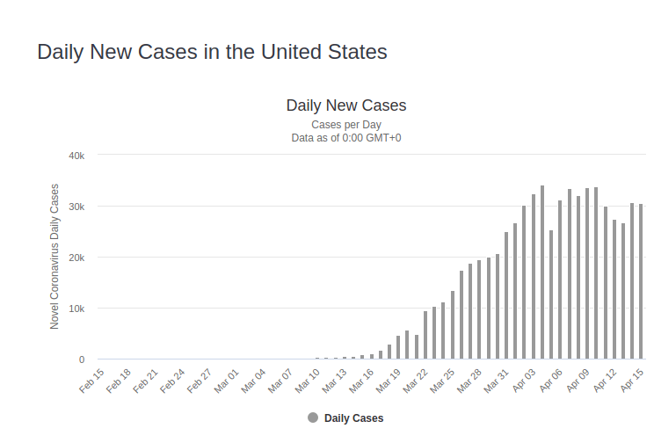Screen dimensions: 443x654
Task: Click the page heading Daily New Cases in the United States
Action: point(212,52)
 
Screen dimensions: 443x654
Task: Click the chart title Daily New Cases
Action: point(346,105)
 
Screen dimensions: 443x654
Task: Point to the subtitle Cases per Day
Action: point(346,125)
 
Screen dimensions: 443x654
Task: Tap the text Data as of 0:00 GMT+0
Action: point(346,138)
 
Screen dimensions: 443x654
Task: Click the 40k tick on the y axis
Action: point(76,156)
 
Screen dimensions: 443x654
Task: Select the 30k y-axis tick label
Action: point(76,207)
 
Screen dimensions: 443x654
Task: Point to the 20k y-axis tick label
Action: point(76,258)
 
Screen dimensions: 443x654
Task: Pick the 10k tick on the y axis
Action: point(76,309)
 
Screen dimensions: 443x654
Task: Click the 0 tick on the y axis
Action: point(82,359)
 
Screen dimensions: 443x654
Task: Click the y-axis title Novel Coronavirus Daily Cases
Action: point(54,257)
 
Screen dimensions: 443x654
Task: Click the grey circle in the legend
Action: point(313,418)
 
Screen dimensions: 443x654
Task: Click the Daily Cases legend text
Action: point(353,418)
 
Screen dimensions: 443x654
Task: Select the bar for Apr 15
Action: point(641,281)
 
